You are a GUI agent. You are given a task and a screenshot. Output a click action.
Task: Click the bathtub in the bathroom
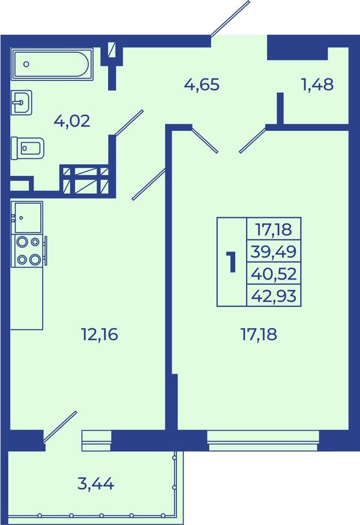tap(52, 64)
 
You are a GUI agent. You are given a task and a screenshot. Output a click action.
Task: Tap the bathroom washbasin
tap(22, 103)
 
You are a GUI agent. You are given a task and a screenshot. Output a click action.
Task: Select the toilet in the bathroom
tap(28, 148)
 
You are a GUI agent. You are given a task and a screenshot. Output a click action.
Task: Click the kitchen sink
tap(27, 217)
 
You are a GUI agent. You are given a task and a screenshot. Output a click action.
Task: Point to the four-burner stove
tap(29, 251)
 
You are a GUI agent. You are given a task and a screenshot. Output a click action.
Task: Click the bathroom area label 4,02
tap(72, 121)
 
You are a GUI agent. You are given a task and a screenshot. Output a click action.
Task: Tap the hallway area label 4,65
tap(202, 85)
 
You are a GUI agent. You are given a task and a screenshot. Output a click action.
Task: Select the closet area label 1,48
tap(317, 85)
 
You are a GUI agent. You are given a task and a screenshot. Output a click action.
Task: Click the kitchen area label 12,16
tap(100, 334)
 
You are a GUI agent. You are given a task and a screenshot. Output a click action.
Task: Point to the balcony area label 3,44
tap(96, 484)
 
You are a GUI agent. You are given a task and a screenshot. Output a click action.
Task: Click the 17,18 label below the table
tap(259, 334)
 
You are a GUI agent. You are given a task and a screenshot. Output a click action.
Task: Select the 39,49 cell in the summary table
tap(274, 251)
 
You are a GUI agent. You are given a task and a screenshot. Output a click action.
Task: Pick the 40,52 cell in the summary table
tap(274, 273)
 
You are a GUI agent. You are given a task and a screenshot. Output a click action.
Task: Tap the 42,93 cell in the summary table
tap(274, 295)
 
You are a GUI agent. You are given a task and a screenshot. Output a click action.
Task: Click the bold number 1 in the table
tap(231, 262)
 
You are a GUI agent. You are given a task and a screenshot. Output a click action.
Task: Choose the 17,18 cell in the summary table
tap(274, 229)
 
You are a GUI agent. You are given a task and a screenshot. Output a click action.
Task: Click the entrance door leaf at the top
tap(230, 18)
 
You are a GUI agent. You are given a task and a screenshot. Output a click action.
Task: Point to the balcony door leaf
tap(60, 427)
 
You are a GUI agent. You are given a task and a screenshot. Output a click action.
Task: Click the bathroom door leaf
tap(129, 123)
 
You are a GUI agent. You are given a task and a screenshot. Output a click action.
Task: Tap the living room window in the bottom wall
tap(263, 440)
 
